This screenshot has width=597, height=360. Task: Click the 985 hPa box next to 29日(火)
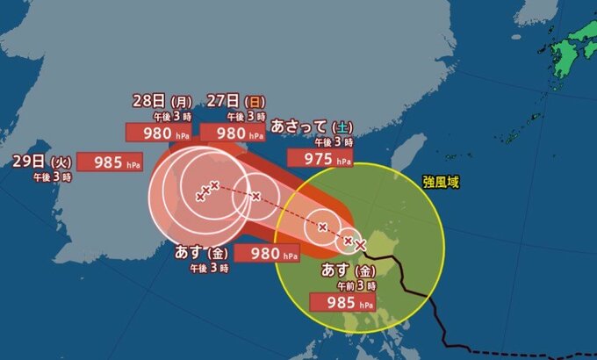(109, 162)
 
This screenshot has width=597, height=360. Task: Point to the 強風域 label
(440, 183)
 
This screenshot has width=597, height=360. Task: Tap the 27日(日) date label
(231, 100)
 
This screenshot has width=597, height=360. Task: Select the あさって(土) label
(313, 126)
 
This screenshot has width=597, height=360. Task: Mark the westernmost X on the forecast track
(200, 195)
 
